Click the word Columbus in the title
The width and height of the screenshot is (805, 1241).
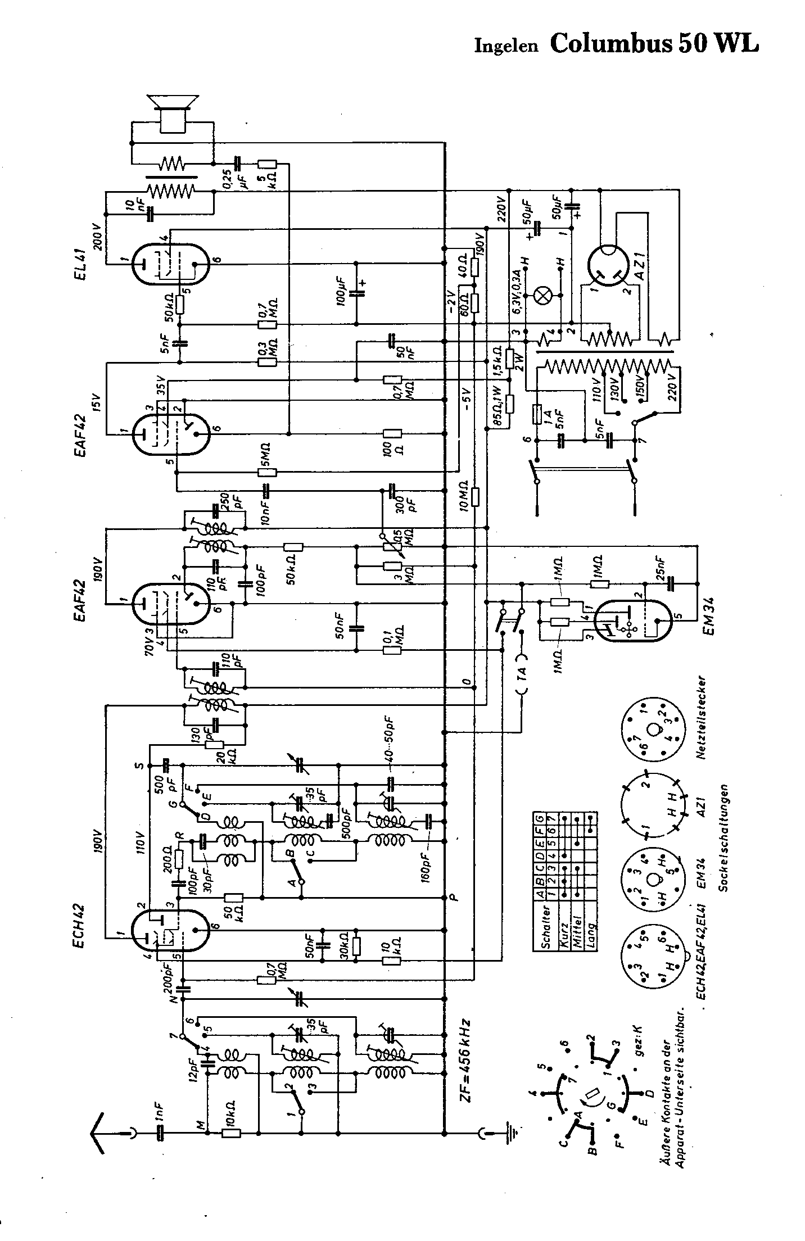pos(612,43)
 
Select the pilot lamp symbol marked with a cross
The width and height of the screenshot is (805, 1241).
pos(543,296)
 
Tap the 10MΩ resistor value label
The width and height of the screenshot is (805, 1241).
pos(464,497)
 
